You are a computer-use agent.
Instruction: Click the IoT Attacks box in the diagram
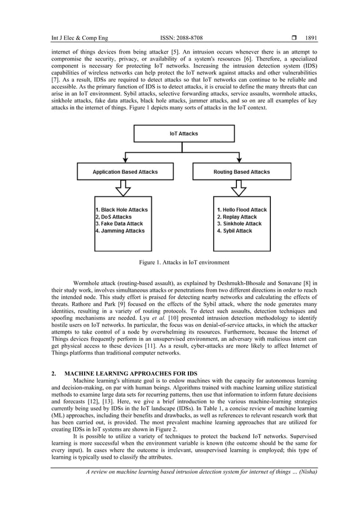(x=183, y=134)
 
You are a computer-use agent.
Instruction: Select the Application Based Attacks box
(x=125, y=172)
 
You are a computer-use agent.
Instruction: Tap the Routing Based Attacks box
(x=242, y=172)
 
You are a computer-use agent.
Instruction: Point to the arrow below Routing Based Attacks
(x=242, y=188)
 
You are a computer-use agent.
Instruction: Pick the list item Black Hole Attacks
(x=121, y=209)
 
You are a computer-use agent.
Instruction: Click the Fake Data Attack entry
(x=119, y=223)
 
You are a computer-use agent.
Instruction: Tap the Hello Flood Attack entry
(x=242, y=209)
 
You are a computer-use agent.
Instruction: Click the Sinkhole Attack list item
(x=239, y=223)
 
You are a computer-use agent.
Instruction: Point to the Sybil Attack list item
(x=234, y=231)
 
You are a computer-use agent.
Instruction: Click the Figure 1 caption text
(x=184, y=262)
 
